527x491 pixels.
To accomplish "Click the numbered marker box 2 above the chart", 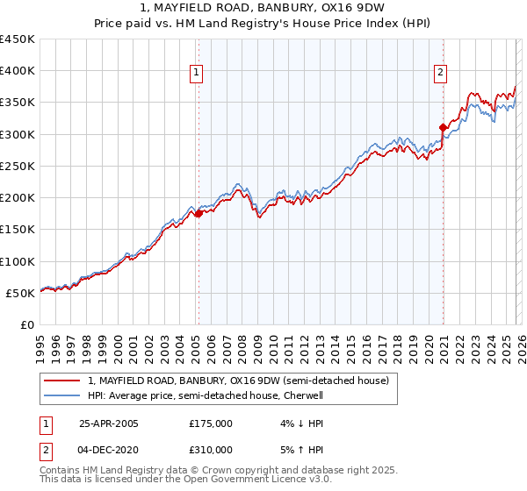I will coord(439,74).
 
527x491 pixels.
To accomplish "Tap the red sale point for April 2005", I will coord(199,213).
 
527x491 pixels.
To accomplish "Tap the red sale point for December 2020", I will coord(443,127).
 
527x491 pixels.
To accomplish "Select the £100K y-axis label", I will coord(18,261).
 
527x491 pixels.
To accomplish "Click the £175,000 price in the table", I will coord(210,423).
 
